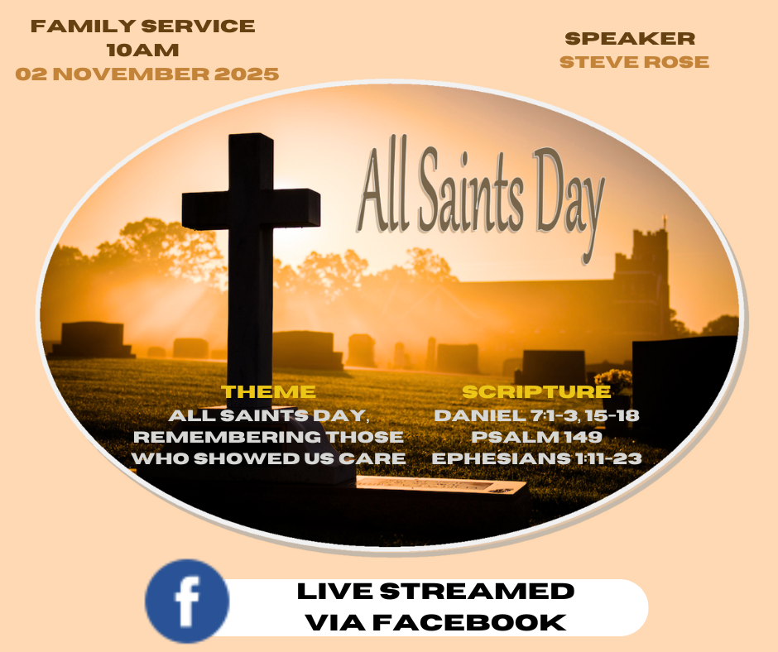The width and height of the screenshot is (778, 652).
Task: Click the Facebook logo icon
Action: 187,601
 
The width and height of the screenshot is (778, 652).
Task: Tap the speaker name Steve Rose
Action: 634,62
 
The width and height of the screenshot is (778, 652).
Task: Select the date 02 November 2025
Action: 146,74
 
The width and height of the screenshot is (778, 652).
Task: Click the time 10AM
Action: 142,50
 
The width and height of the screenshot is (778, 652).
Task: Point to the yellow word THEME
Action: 268,391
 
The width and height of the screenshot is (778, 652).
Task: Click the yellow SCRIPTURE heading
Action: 536,391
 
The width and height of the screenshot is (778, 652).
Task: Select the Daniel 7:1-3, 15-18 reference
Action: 536,415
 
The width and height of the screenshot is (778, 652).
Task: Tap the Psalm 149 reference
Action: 536,437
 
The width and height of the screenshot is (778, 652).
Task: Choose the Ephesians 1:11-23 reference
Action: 536,458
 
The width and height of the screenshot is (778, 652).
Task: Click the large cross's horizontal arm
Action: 251,209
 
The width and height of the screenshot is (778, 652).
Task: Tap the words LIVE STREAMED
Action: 435,592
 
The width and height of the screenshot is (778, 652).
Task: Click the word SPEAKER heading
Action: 630,38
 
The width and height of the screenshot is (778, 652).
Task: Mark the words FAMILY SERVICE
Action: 142,26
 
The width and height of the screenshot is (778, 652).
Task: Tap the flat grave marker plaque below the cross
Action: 442,486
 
